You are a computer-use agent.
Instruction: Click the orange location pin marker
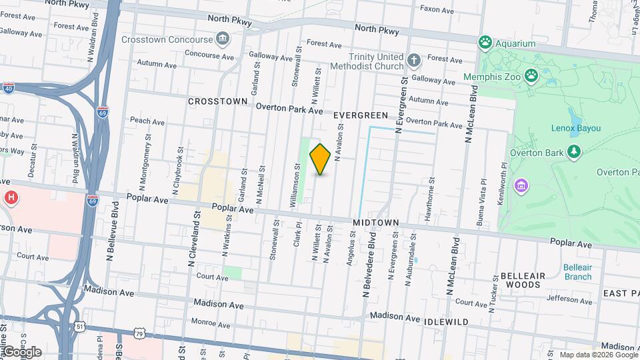point(320,159)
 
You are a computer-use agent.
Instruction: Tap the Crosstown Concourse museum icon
point(223,39)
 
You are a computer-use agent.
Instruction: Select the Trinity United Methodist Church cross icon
point(413,61)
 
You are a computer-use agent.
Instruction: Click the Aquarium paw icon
point(485,43)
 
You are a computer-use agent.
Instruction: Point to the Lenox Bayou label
point(576,127)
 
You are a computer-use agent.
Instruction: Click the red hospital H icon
point(11,197)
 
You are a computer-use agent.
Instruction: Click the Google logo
point(21,352)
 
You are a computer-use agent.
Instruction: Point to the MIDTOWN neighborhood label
point(375,222)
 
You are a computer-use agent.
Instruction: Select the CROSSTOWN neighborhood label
point(217,101)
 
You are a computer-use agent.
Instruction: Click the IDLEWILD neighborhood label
point(446,321)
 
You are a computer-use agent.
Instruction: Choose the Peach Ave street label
point(147,121)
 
